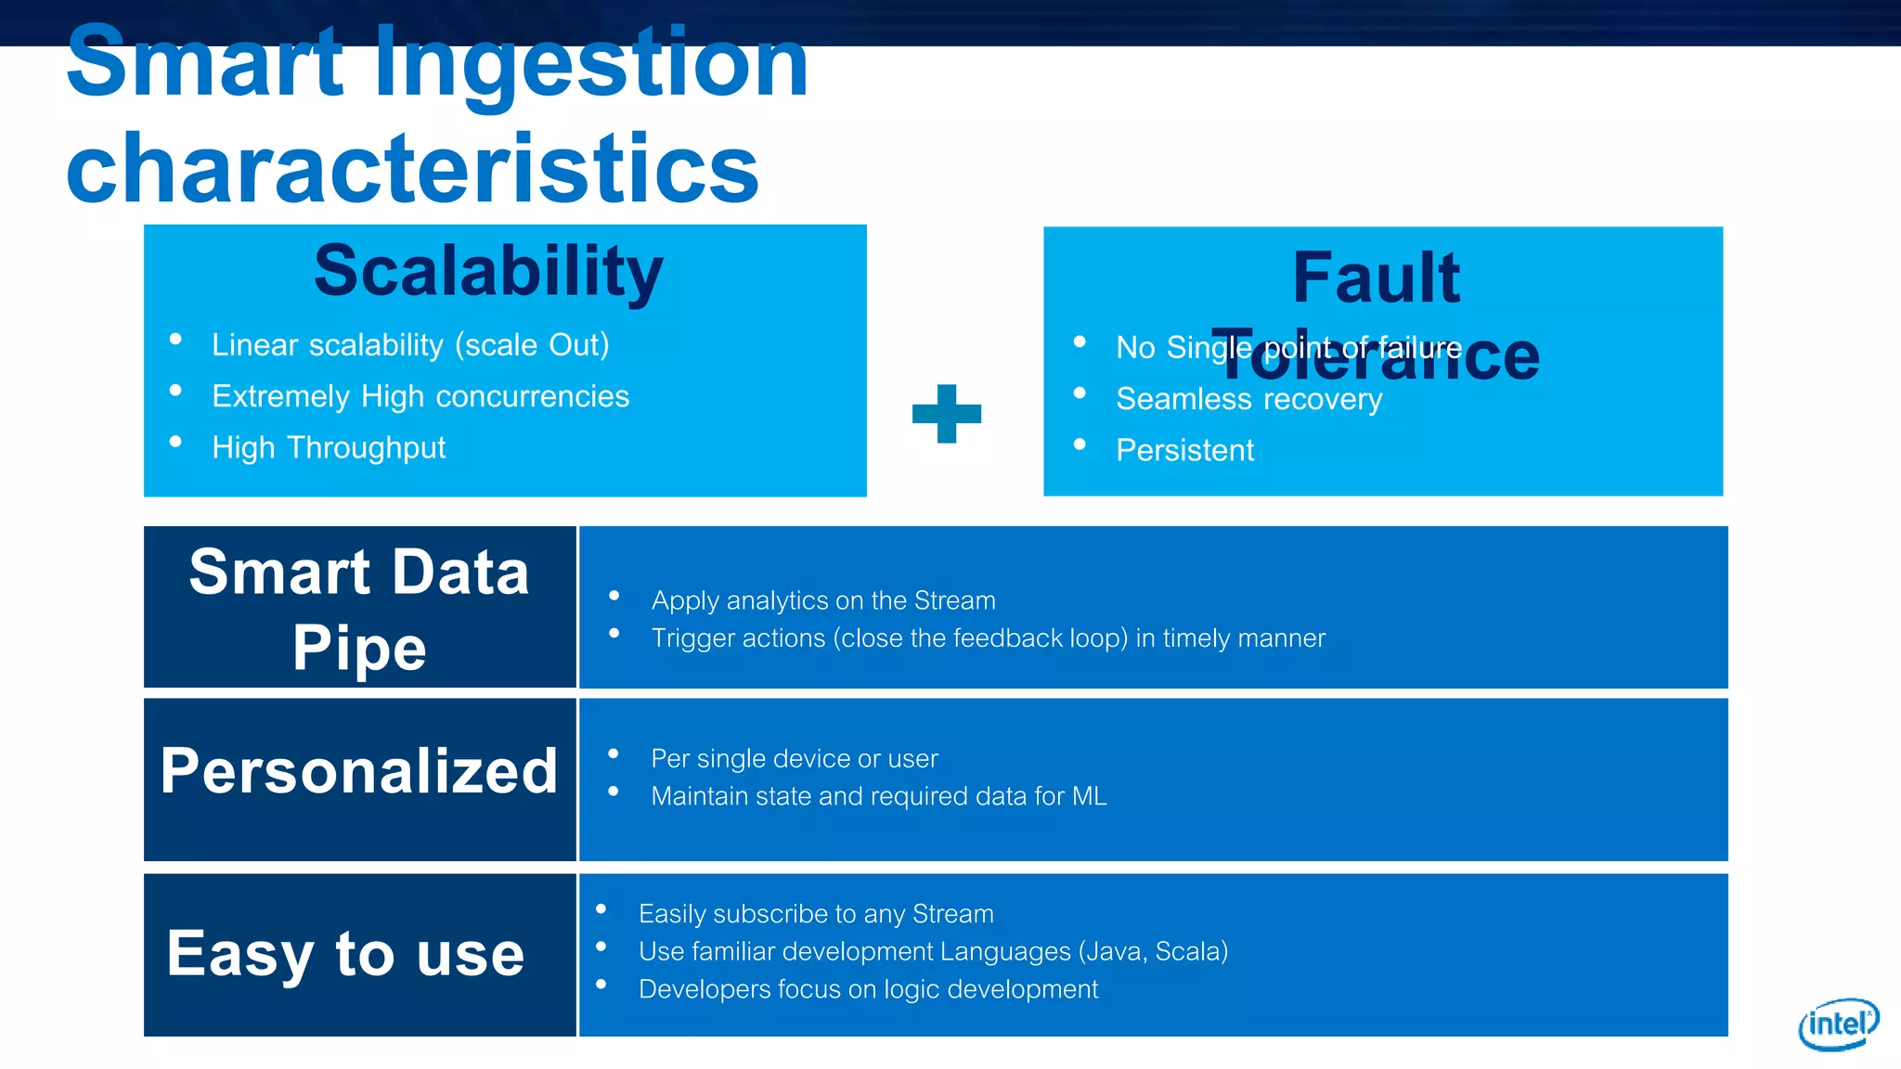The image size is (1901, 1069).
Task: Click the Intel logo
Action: coord(1838,1024)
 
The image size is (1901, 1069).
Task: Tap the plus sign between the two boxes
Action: coord(946,414)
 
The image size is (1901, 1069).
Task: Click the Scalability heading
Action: coord(488,271)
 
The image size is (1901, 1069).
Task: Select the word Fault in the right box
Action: coord(1377,277)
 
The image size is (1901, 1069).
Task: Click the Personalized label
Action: coord(359,771)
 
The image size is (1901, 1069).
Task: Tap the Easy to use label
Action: coord(345,954)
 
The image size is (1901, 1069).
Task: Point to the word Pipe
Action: coord(359,647)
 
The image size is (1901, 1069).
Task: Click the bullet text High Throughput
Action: coord(329,448)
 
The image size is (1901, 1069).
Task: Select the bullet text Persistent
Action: coord(1184,451)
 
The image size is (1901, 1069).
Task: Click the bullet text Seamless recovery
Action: coord(1248,400)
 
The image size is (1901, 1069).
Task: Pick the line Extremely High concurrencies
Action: coord(420,397)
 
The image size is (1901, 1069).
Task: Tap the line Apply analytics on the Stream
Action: coord(823,601)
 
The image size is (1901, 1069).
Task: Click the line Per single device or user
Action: coord(795,759)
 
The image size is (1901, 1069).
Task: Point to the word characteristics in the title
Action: coord(413,169)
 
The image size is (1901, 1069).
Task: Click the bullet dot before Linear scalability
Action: coord(175,340)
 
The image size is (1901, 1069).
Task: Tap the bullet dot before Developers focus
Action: coord(601,985)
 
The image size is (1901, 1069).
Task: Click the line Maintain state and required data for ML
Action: coord(879,797)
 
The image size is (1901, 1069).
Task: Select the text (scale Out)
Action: coord(532,345)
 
